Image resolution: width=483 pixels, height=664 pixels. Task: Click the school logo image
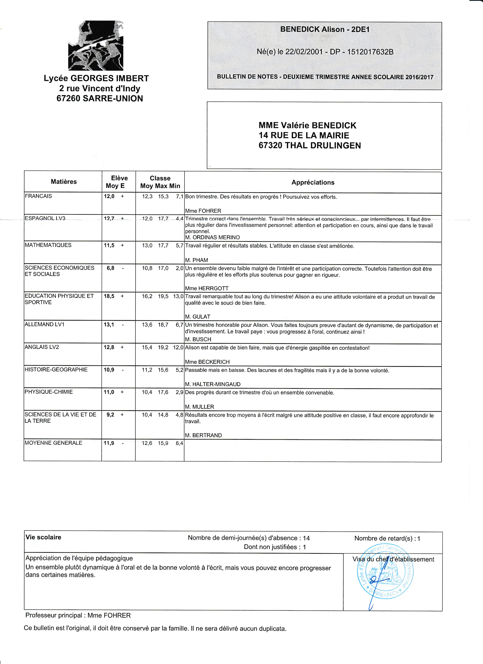pos(96,46)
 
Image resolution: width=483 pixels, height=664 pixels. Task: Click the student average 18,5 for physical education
pos(109,296)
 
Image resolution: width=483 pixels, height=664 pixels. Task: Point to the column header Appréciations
pos(313,182)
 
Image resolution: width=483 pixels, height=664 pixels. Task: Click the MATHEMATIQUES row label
pos(48,245)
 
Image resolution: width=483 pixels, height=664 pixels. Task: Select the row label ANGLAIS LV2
pos(42,347)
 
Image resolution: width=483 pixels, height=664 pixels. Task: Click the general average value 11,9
pos(109,443)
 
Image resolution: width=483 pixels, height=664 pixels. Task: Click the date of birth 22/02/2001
pos(304,52)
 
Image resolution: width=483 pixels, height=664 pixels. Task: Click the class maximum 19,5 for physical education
pos(163,296)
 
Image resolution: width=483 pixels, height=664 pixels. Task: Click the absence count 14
pos(306,538)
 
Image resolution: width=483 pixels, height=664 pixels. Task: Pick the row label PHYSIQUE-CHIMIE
pos(49,392)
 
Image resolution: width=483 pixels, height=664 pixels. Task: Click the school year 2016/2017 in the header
pos(419,77)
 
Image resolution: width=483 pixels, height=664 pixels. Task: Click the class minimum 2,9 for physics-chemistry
pos(179,392)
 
